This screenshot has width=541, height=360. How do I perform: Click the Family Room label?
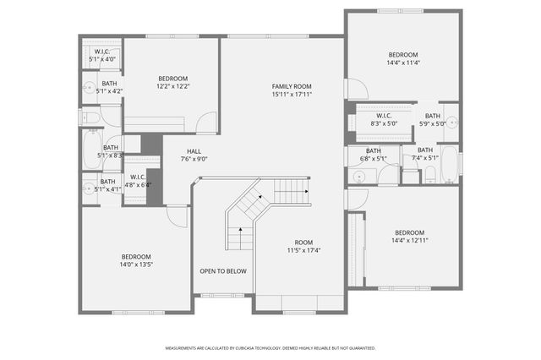pyautogui.click(x=292, y=86)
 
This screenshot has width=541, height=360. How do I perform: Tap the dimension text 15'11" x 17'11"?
pyautogui.click(x=292, y=95)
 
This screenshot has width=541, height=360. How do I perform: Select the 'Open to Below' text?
pyautogui.click(x=223, y=271)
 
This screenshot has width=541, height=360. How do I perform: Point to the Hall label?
pyautogui.click(x=194, y=150)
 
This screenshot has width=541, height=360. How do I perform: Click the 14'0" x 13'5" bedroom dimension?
pyautogui.click(x=135, y=265)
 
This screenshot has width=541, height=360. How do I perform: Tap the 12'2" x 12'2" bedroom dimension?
pyautogui.click(x=172, y=86)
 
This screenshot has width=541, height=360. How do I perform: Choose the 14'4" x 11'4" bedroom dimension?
pyautogui.click(x=402, y=63)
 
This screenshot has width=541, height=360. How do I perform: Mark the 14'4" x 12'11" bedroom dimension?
pyautogui.click(x=409, y=241)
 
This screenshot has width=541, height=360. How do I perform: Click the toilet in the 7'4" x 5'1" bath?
pyautogui.click(x=429, y=175)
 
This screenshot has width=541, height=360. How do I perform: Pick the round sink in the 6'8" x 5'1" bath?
pyautogui.click(x=358, y=176)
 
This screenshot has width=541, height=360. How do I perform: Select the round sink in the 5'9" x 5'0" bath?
pyautogui.click(x=452, y=120)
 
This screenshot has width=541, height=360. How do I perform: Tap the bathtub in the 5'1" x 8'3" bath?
pyautogui.click(x=91, y=150)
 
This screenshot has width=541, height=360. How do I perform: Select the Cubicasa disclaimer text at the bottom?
pyautogui.click(x=270, y=347)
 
